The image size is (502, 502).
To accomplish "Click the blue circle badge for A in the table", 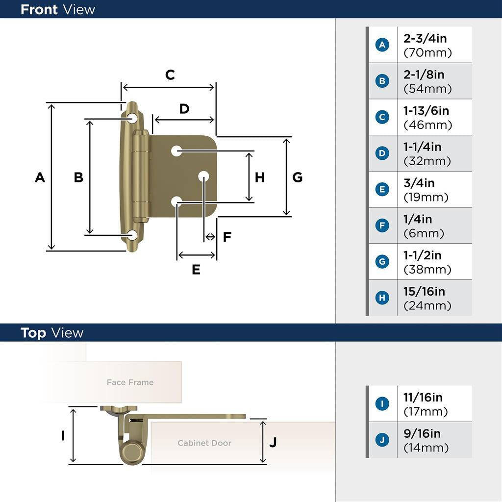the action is click(x=382, y=45).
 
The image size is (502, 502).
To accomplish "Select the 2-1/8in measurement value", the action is click(x=424, y=75).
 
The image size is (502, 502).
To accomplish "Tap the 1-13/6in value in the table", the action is click(x=426, y=111).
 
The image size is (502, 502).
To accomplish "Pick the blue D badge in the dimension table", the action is click(x=382, y=153).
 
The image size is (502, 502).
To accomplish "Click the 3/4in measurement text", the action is click(x=419, y=183).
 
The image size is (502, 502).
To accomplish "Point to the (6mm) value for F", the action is click(x=424, y=233).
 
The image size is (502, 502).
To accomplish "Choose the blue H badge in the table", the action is click(x=382, y=298).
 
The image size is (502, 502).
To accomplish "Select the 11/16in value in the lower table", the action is click(x=423, y=398).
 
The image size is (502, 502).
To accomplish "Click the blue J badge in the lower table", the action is click(x=382, y=440).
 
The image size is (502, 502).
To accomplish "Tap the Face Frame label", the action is click(x=130, y=382).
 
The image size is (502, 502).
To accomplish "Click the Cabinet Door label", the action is click(x=204, y=443).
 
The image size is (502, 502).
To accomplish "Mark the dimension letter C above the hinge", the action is click(x=170, y=75).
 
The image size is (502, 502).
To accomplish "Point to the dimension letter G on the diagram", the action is click(x=298, y=177).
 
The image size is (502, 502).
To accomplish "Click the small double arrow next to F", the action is click(x=210, y=237).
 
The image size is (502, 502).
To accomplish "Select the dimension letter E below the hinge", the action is click(x=196, y=270).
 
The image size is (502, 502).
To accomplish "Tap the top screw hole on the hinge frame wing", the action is click(x=132, y=118).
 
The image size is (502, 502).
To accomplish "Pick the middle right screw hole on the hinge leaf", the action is click(x=203, y=176).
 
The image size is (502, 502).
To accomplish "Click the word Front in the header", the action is click(x=39, y=10).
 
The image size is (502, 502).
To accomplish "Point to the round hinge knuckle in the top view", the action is click(x=131, y=452).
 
